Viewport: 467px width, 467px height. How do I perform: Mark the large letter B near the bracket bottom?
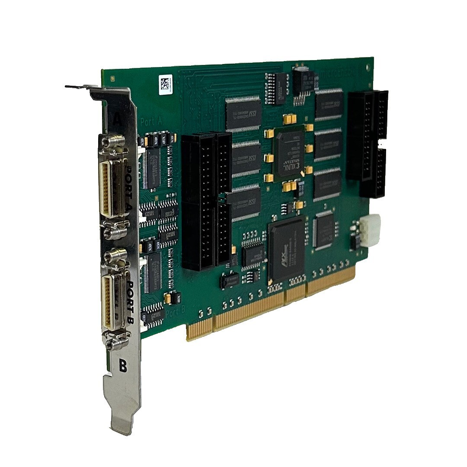coord(123,367)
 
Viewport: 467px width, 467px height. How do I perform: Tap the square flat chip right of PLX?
coord(326,230)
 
